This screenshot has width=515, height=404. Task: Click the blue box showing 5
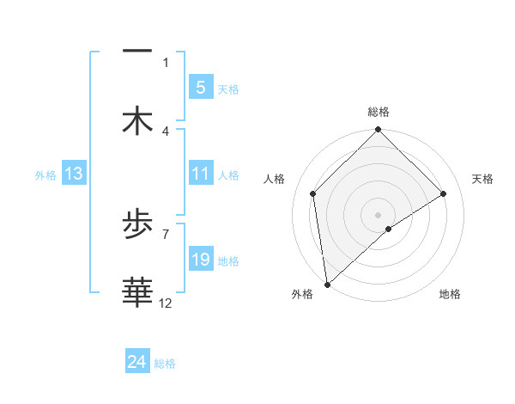200,87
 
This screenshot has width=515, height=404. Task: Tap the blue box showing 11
200,174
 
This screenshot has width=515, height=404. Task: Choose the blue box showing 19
200,260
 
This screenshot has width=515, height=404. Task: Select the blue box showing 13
74,174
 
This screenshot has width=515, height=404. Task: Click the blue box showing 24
137,362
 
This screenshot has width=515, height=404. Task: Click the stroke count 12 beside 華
166,303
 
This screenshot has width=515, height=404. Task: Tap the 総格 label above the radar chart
379,112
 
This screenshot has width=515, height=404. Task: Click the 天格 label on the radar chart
482,179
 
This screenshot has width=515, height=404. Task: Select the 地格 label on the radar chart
450,294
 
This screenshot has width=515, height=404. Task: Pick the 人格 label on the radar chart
275,179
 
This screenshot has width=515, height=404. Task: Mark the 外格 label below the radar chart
302,294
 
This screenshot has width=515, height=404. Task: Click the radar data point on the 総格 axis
379,131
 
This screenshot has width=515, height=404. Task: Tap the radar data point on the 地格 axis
389,229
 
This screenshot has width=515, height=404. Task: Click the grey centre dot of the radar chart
379,214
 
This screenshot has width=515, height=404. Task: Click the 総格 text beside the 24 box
165,364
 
